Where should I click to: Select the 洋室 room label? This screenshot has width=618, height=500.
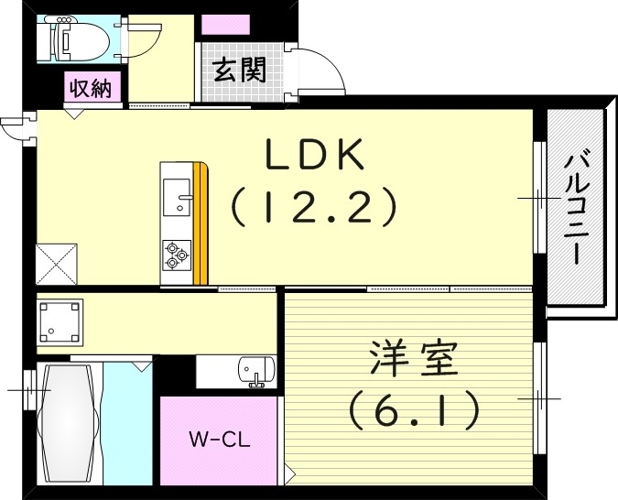point(413,360)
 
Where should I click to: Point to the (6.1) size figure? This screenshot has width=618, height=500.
point(413,409)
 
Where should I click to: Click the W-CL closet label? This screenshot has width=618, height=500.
point(220,438)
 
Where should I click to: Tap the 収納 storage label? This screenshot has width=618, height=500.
point(89,89)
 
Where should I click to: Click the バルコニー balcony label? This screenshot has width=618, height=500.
point(576,209)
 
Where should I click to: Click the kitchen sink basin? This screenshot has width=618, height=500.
point(175,198)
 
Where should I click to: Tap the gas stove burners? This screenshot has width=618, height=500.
point(175,255)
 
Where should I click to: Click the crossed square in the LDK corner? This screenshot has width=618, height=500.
point(58,263)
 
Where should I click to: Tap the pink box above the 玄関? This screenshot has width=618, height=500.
point(220,25)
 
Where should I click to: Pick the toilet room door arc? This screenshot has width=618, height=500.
point(146,40)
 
